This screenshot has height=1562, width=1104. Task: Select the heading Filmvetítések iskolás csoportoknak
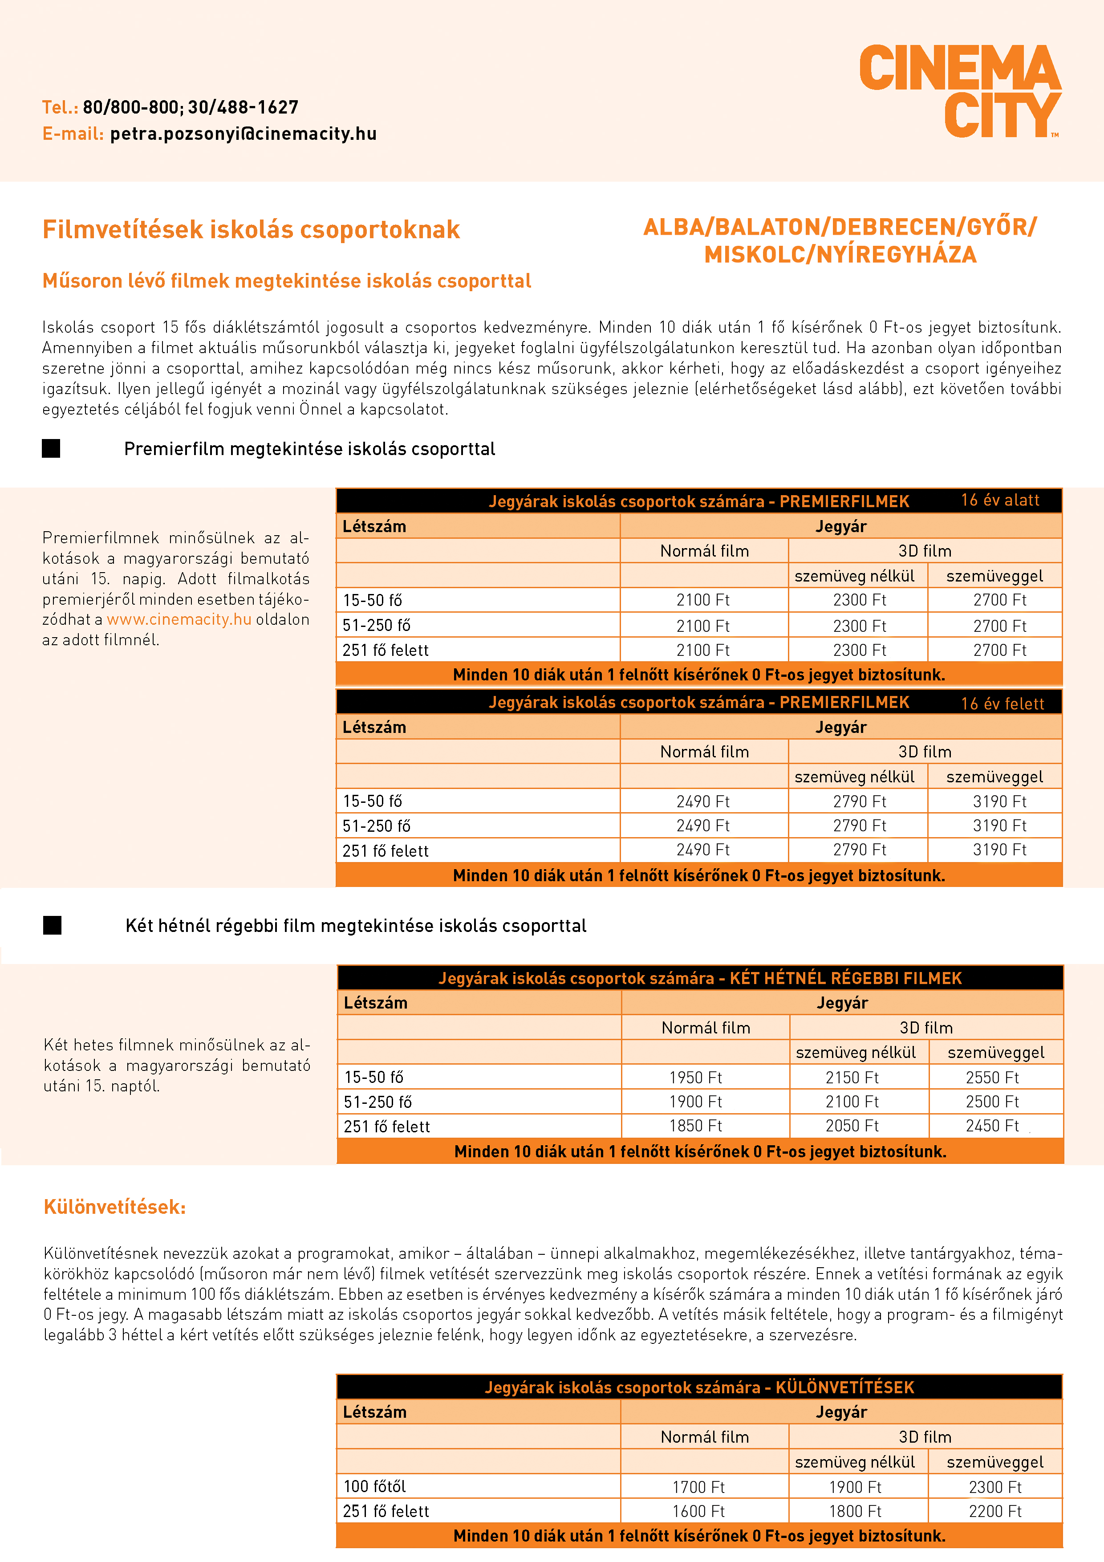click(x=251, y=230)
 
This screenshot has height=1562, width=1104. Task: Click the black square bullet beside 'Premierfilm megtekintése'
click(x=51, y=448)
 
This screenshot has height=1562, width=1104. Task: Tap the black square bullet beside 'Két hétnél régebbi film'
click(x=53, y=925)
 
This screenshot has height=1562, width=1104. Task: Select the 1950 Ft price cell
click(x=695, y=1078)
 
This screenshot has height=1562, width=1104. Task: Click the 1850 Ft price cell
click(x=695, y=1126)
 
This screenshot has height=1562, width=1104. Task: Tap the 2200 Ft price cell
click(x=995, y=1511)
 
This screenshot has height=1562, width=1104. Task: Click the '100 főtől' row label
click(x=375, y=1486)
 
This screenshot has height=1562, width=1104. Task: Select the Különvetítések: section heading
click(x=114, y=1207)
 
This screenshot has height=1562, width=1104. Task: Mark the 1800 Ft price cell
click(x=855, y=1511)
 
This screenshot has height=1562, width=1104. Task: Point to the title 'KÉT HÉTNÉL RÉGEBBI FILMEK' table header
click(x=700, y=978)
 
